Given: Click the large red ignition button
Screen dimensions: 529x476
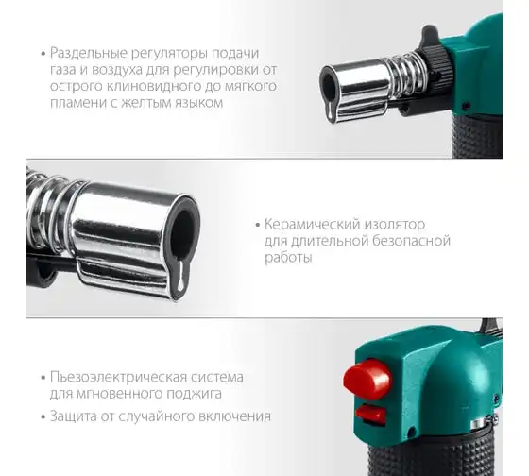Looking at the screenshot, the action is [367, 380].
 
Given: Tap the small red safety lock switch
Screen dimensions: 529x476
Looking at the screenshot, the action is [370, 414].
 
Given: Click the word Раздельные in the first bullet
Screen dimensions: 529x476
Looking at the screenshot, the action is [89, 53].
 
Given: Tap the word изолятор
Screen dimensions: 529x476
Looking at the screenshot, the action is [394, 225].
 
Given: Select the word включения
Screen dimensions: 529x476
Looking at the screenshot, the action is [235, 416].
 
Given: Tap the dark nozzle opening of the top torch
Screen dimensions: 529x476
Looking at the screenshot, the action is [329, 85].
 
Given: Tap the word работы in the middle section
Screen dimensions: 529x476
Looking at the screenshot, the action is [288, 258].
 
